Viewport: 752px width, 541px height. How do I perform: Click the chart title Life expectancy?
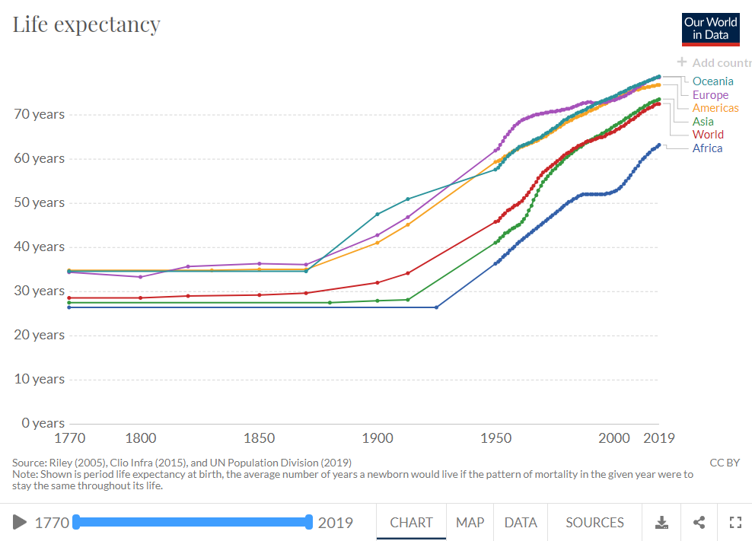(x=86, y=24)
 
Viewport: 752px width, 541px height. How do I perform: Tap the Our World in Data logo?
(x=710, y=29)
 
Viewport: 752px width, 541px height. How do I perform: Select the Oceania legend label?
(x=712, y=81)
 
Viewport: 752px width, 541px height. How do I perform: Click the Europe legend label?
(x=710, y=95)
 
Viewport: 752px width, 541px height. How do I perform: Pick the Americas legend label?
(x=715, y=108)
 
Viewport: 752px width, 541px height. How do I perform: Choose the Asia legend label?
(x=703, y=122)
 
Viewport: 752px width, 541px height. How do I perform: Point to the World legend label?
(x=708, y=135)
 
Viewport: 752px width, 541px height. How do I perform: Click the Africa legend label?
(x=707, y=148)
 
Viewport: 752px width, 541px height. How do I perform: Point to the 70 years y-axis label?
(x=39, y=115)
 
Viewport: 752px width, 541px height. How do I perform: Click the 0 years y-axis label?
(x=42, y=423)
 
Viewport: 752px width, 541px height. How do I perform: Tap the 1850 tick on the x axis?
(x=260, y=438)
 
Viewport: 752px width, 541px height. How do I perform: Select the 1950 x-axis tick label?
(x=496, y=438)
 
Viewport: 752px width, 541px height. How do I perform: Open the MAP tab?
(x=470, y=523)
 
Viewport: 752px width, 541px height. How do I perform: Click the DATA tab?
(x=521, y=523)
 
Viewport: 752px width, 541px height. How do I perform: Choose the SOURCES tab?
(x=594, y=523)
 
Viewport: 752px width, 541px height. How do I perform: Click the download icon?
(x=662, y=523)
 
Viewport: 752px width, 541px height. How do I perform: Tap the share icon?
(x=699, y=523)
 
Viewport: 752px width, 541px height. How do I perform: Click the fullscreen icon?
(x=735, y=523)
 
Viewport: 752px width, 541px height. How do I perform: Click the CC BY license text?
(x=725, y=463)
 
